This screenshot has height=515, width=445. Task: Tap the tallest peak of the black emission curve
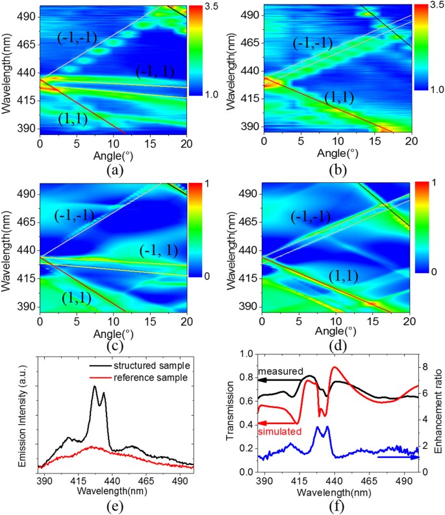tap(95, 387)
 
